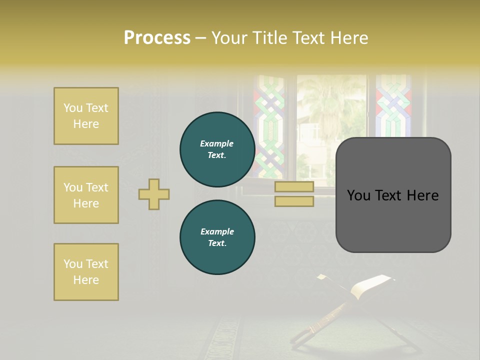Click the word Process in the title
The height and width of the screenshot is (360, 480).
157,37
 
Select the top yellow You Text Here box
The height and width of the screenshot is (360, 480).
86,116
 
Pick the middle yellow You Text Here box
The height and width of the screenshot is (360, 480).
86,195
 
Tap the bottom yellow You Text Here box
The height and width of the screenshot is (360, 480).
86,272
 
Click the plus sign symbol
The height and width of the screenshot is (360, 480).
154,194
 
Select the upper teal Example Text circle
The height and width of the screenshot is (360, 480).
217,149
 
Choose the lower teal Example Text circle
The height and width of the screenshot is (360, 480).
217,237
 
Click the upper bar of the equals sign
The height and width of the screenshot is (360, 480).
294,186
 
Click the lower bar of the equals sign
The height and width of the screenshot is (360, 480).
294,201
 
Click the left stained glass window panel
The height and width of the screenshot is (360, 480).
269,125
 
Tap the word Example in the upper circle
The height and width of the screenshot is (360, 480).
216,143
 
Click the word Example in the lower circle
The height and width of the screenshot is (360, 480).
217,231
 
